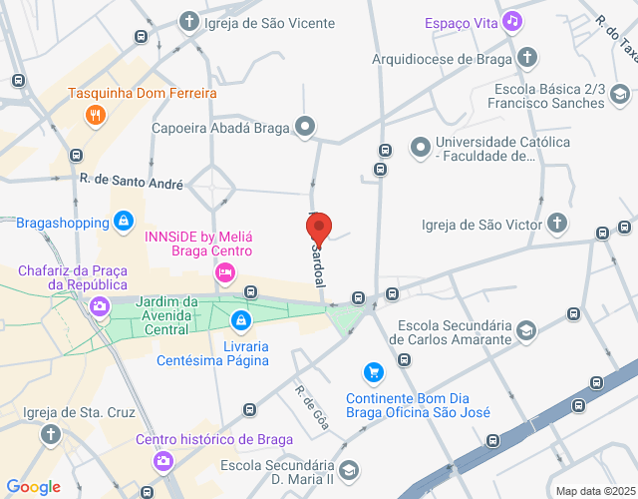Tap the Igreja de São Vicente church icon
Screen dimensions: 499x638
189,21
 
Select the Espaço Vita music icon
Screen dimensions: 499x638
512,21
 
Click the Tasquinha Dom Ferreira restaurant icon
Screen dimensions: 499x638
96,115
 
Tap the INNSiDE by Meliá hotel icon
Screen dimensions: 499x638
225,271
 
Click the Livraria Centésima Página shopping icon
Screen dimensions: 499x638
239,320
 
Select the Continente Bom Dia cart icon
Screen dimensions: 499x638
373,373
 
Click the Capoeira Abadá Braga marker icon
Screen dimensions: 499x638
305,127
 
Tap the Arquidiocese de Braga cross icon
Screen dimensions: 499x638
526,58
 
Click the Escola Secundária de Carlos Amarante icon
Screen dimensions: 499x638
526,330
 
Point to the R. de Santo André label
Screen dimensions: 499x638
131,183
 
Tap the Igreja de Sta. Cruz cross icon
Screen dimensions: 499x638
51,435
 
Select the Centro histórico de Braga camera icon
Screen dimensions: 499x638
162,461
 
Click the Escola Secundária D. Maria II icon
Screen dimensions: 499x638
349,469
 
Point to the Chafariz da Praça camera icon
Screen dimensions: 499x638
99,306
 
